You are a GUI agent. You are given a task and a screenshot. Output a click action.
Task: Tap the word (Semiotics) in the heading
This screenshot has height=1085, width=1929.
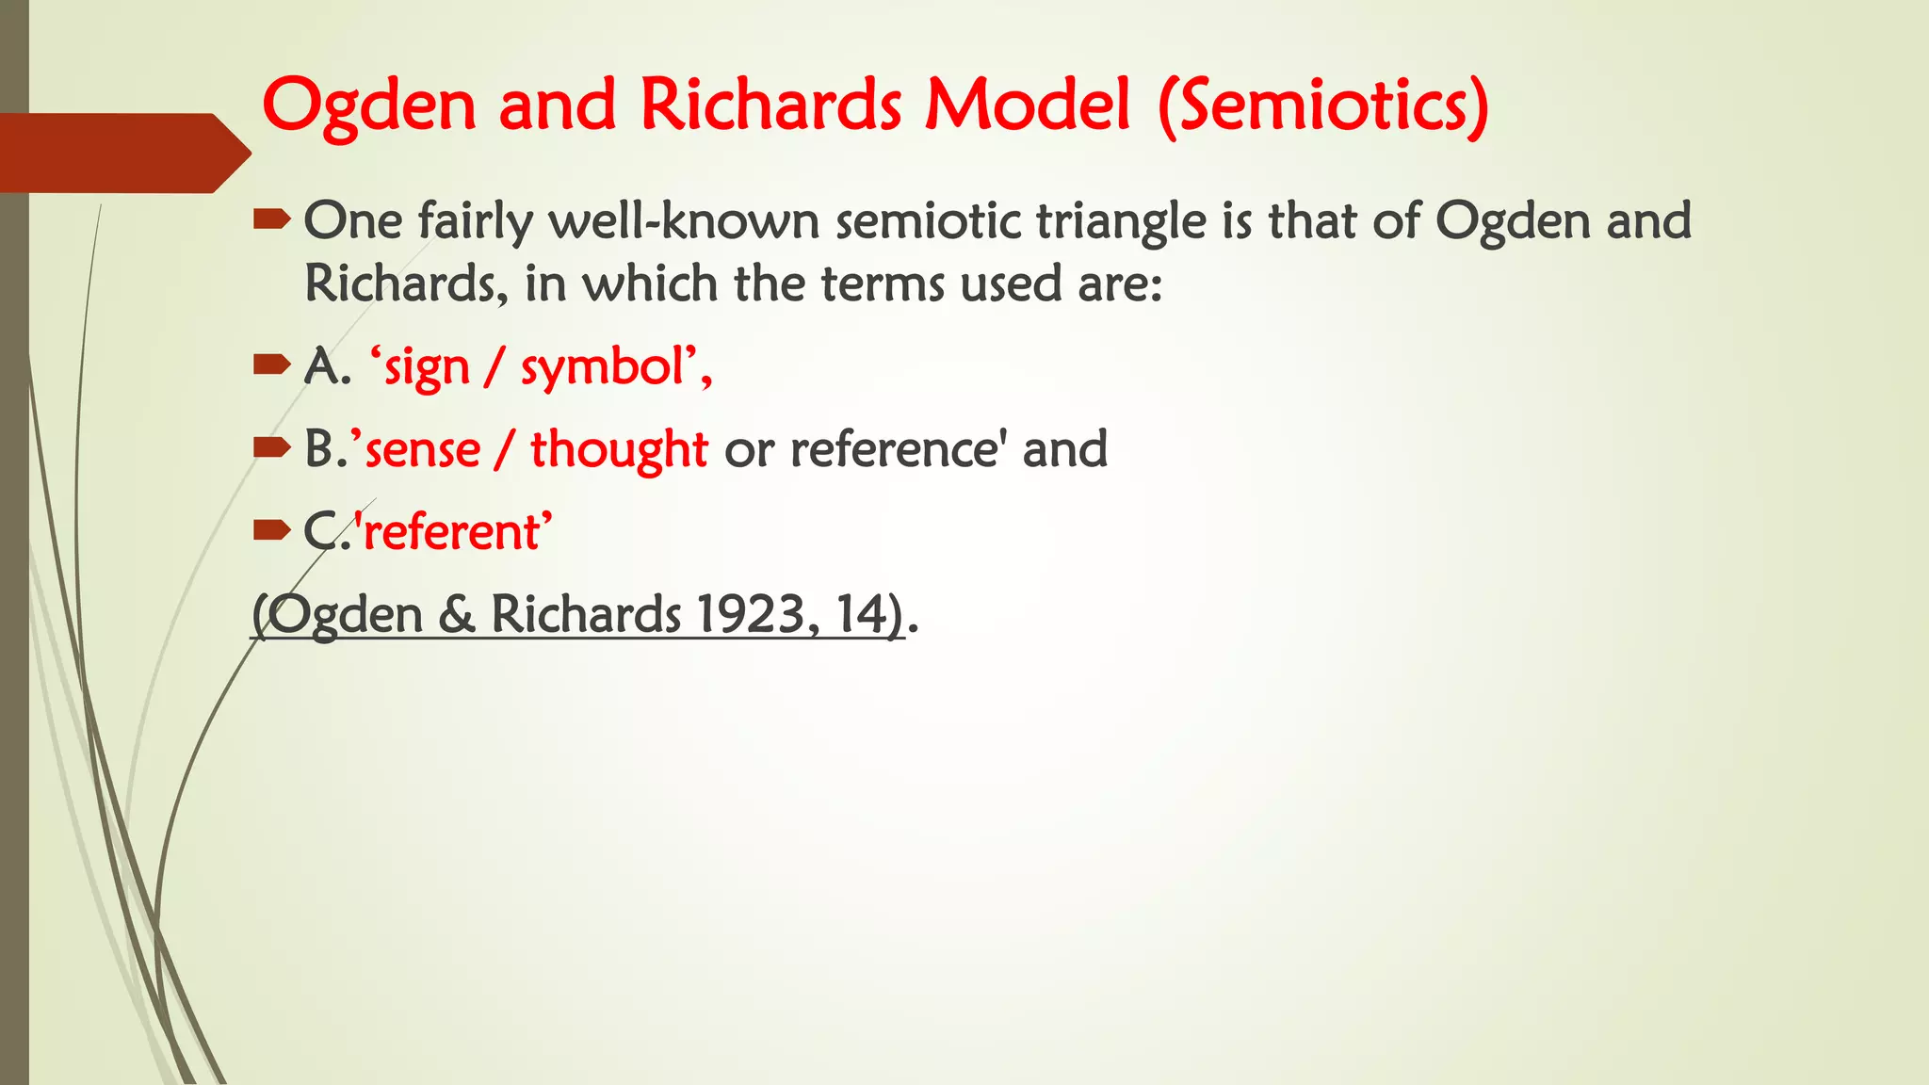pos(1323,105)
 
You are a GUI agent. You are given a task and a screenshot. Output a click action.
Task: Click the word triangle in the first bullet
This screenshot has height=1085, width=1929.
pos(1121,222)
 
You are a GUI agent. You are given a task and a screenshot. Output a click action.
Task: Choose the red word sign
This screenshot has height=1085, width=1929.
pos(426,368)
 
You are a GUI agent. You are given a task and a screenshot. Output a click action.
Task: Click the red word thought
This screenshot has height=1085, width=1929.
pos(619,449)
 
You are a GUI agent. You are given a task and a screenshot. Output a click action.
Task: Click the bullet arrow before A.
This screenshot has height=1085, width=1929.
pos(271,365)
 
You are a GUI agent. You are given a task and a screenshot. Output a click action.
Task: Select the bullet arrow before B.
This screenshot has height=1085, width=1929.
pos(271,448)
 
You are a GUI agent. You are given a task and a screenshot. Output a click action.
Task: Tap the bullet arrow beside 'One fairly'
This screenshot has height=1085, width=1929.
pos(271,220)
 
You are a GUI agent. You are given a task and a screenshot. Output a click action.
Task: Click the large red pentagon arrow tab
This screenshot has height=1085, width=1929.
pos(122,153)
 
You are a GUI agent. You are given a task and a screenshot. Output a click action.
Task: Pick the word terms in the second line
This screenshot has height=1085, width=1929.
pos(882,283)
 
